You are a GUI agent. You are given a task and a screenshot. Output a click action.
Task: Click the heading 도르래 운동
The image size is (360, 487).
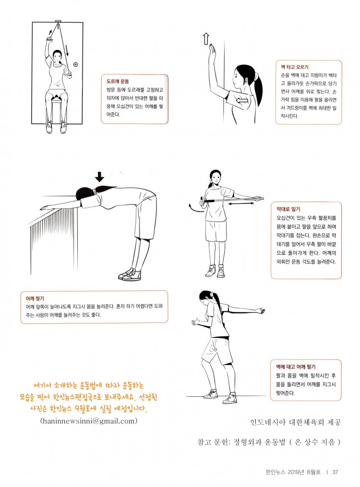(118, 82)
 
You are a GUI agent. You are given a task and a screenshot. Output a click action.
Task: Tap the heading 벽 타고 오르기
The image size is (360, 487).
(294, 67)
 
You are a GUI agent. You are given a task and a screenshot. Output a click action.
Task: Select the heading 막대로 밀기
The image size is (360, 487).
(288, 209)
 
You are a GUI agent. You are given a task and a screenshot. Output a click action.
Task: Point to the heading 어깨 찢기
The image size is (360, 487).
(35, 298)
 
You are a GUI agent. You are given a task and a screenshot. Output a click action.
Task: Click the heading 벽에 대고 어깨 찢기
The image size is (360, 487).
(296, 367)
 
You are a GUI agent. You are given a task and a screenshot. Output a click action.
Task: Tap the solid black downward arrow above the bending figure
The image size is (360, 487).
(99, 177)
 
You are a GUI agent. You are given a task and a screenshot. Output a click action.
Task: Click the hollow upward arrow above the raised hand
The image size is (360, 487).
(205, 38)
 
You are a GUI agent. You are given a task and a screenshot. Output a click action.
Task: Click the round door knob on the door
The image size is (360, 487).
(75, 65)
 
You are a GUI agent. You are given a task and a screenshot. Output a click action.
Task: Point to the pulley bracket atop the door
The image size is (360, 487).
(58, 21)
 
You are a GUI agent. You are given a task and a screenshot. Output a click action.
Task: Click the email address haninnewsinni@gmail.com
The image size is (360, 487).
(89, 421)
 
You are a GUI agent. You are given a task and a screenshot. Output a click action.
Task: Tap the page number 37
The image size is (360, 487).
(335, 472)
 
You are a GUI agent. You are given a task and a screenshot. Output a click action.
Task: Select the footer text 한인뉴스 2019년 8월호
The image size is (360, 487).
(293, 472)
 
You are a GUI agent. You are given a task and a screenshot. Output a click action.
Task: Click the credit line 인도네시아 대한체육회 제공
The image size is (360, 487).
(295, 422)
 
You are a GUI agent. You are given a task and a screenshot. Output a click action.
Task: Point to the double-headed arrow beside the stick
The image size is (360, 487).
(241, 204)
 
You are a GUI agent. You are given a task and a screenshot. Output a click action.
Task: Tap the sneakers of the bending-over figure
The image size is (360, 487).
(130, 275)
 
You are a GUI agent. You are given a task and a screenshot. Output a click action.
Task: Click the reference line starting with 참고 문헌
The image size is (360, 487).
(269, 442)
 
